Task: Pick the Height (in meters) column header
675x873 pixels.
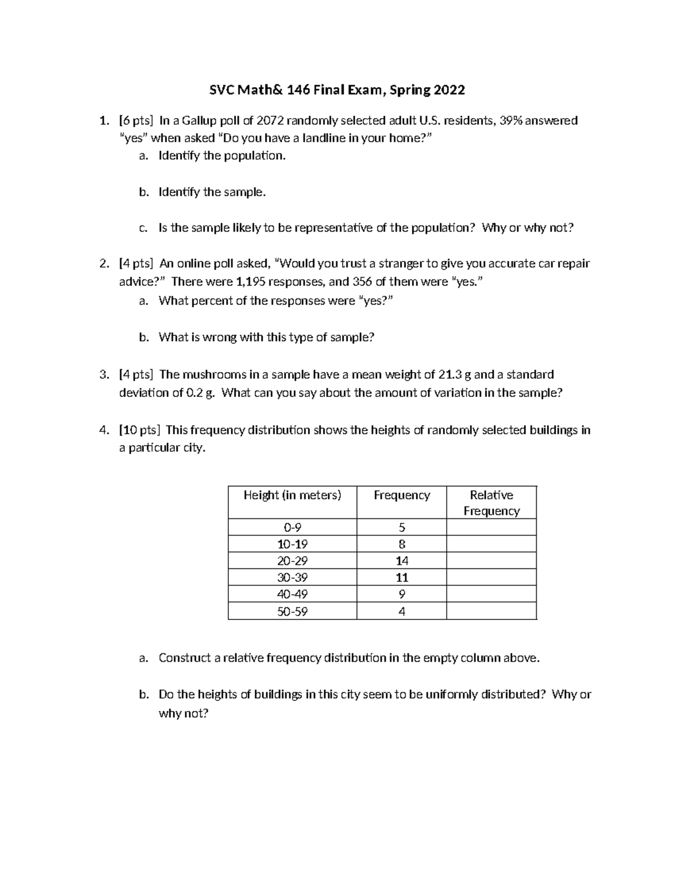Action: click(x=292, y=495)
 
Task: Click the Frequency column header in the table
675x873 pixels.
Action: click(x=402, y=495)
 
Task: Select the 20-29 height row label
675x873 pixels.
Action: click(x=292, y=560)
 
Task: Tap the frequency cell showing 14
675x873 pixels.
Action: click(x=402, y=560)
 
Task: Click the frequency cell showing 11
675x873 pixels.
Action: click(x=402, y=577)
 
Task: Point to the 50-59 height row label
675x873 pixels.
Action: click(x=292, y=612)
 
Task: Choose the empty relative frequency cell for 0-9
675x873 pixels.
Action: click(x=491, y=527)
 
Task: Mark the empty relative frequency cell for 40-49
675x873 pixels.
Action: click(x=491, y=594)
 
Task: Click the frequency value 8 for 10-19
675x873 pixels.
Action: click(x=402, y=544)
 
